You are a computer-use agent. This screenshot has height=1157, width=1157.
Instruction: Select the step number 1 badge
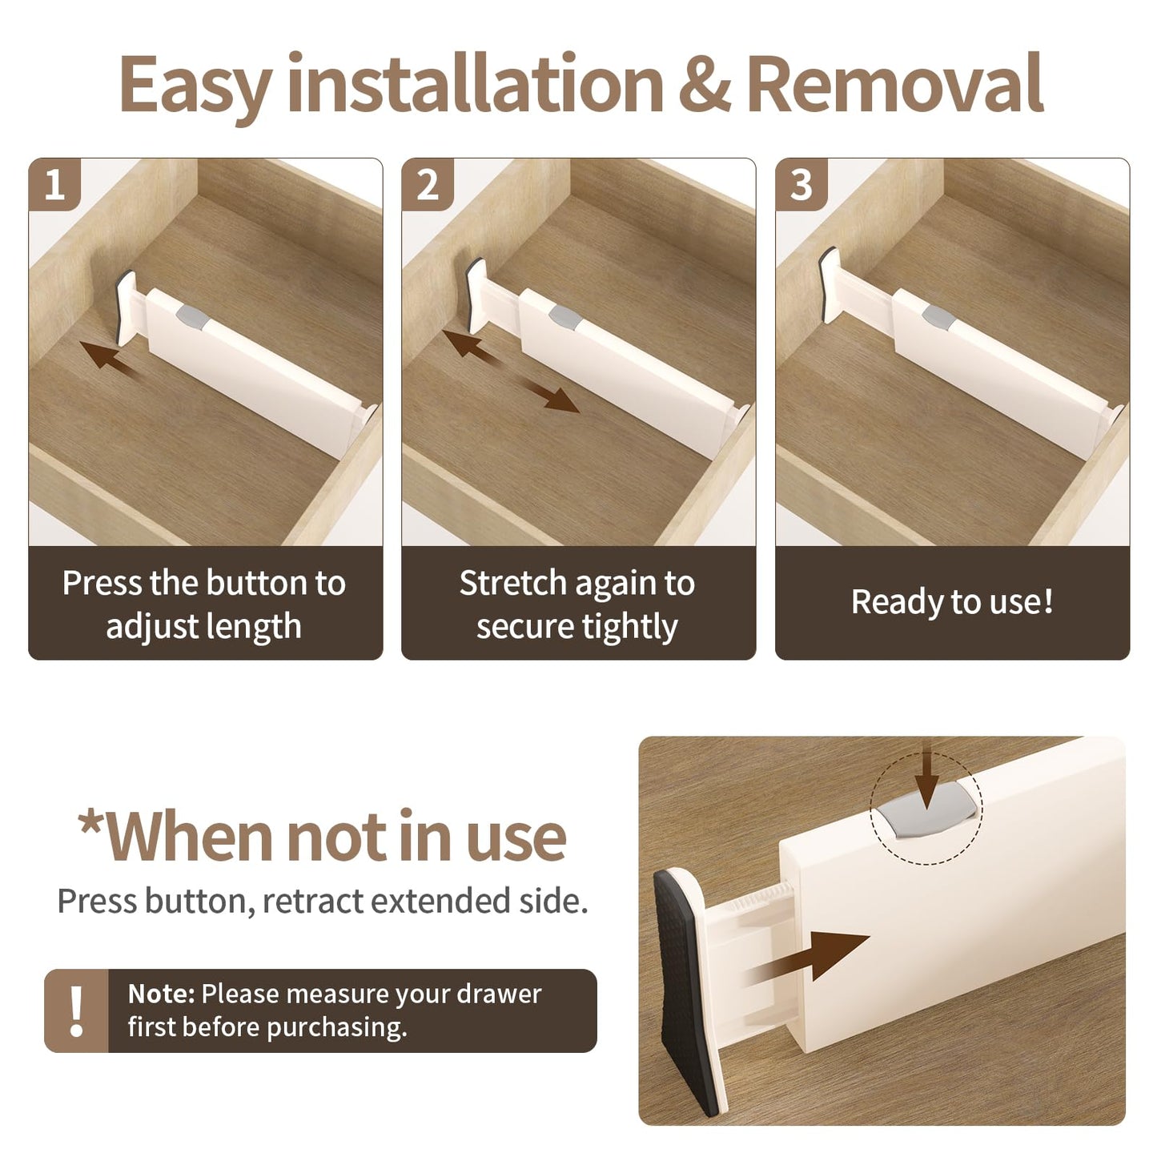54,184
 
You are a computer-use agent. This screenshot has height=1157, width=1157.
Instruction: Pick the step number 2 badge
428,184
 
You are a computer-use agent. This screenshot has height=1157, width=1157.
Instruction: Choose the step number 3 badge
801,184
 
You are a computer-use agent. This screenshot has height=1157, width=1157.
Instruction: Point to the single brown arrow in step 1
109,356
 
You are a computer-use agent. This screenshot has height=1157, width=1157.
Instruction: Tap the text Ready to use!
952,601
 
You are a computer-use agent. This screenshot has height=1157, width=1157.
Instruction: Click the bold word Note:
161,994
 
